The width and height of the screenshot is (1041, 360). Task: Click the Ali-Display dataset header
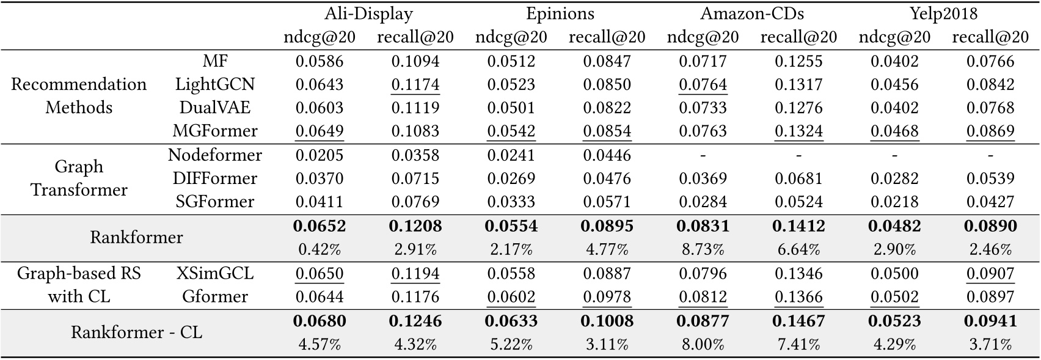pyautogui.click(x=368, y=14)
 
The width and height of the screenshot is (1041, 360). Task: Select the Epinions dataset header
pyautogui.click(x=560, y=14)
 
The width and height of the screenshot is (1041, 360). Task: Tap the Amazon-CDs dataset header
pyautogui.click(x=751, y=14)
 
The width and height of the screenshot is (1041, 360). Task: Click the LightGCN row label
pyautogui.click(x=215, y=84)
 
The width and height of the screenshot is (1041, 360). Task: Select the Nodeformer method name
pyautogui.click(x=215, y=155)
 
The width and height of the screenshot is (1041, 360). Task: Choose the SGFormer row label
pyautogui.click(x=215, y=202)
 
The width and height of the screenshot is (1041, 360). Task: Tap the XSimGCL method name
pyautogui.click(x=215, y=273)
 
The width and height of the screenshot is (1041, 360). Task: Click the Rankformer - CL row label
pyautogui.click(x=136, y=332)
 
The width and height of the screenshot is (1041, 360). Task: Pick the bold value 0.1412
pyautogui.click(x=798, y=226)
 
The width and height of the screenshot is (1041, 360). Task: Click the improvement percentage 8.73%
pyautogui.click(x=703, y=249)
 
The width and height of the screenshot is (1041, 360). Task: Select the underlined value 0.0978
pyautogui.click(x=607, y=296)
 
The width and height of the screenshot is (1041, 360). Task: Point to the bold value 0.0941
pyautogui.click(x=990, y=321)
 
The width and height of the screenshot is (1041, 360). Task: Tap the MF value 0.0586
pyautogui.click(x=320, y=61)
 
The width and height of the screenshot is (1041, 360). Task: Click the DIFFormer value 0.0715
pyautogui.click(x=415, y=178)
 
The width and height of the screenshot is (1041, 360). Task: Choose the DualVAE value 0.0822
pyautogui.click(x=607, y=108)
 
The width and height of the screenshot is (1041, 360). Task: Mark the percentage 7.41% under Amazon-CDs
pyautogui.click(x=798, y=344)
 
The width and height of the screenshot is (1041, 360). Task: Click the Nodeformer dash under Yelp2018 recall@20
pyautogui.click(x=990, y=155)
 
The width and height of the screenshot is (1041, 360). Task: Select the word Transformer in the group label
pyautogui.click(x=79, y=190)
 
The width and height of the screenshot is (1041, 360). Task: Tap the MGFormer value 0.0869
pyautogui.click(x=990, y=131)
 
